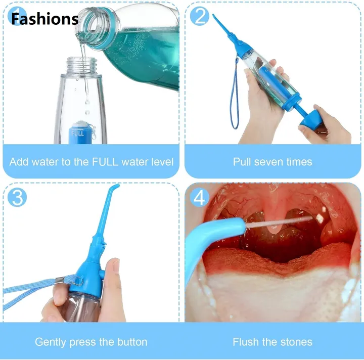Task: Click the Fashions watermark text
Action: tap(44, 19)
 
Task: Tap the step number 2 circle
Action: tap(199, 16)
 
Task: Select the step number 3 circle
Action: tap(18, 197)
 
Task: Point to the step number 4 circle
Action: tap(199, 197)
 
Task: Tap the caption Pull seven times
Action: tap(272, 162)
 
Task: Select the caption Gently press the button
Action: tap(91, 342)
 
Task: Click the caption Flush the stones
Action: tap(272, 342)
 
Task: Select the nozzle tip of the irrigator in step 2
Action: tap(215, 18)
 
